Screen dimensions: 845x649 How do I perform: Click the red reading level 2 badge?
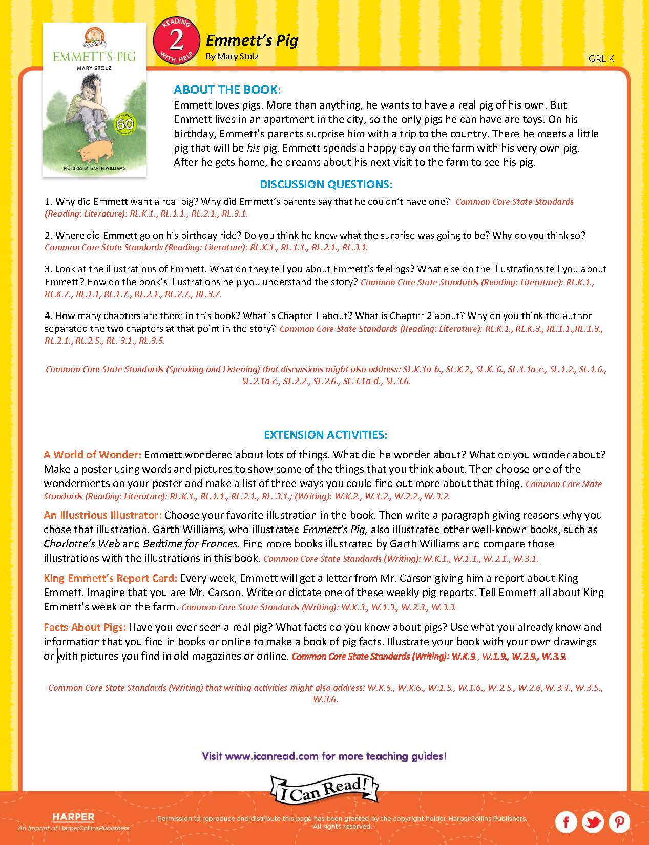(x=176, y=40)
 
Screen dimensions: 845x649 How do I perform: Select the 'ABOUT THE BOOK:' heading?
(x=227, y=90)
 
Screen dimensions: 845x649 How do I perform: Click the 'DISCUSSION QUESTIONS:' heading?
(x=326, y=184)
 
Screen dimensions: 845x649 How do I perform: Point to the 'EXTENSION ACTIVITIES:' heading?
(x=325, y=435)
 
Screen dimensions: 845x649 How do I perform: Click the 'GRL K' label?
(x=601, y=59)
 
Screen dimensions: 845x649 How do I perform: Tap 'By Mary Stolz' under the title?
(x=232, y=56)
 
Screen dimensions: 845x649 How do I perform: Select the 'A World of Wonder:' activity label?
(x=92, y=455)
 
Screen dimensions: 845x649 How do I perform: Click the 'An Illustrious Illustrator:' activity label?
(x=102, y=515)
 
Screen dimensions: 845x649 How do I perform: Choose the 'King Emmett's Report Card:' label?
(x=110, y=578)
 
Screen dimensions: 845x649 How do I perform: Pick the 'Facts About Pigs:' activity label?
(x=85, y=627)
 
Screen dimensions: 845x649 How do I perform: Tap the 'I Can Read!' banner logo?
(x=324, y=790)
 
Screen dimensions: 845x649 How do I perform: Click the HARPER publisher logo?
(x=73, y=817)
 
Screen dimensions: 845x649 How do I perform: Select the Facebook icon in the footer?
(x=566, y=822)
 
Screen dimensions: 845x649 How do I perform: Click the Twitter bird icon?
(x=593, y=822)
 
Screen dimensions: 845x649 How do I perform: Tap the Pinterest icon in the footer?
(x=619, y=822)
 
